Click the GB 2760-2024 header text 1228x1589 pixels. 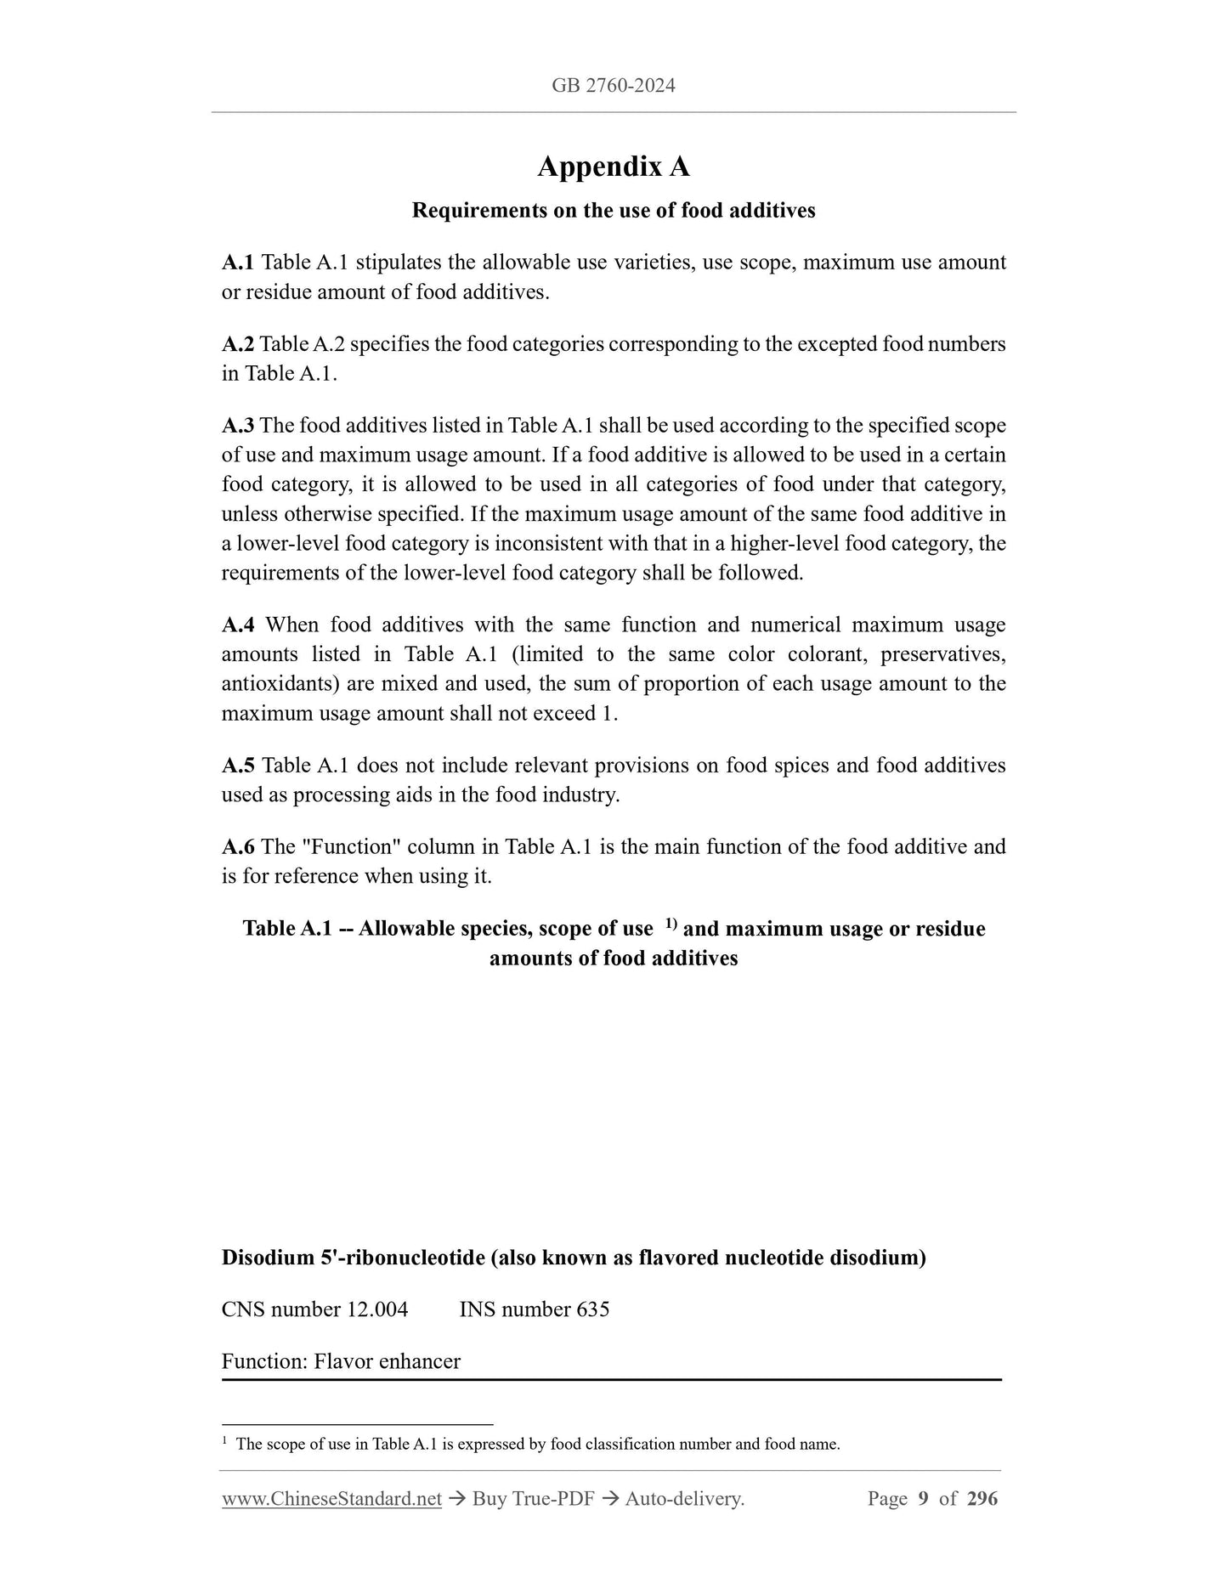point(613,85)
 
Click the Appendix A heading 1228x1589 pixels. point(613,167)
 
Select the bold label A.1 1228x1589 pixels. point(238,262)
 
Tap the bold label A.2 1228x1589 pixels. point(237,344)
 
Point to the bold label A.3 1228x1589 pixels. point(237,426)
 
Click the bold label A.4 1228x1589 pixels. point(238,625)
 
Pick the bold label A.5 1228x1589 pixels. point(238,766)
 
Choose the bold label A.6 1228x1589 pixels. point(238,847)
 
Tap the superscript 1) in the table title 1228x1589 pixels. point(670,924)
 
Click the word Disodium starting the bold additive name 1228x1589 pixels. point(268,1258)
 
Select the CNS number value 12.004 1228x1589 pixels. point(376,1309)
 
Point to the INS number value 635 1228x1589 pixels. point(592,1309)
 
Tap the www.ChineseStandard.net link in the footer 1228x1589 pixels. point(331,1499)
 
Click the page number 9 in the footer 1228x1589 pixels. point(923,1499)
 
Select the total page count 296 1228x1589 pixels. point(982,1499)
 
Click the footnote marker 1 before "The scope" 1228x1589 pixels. point(224,1441)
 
